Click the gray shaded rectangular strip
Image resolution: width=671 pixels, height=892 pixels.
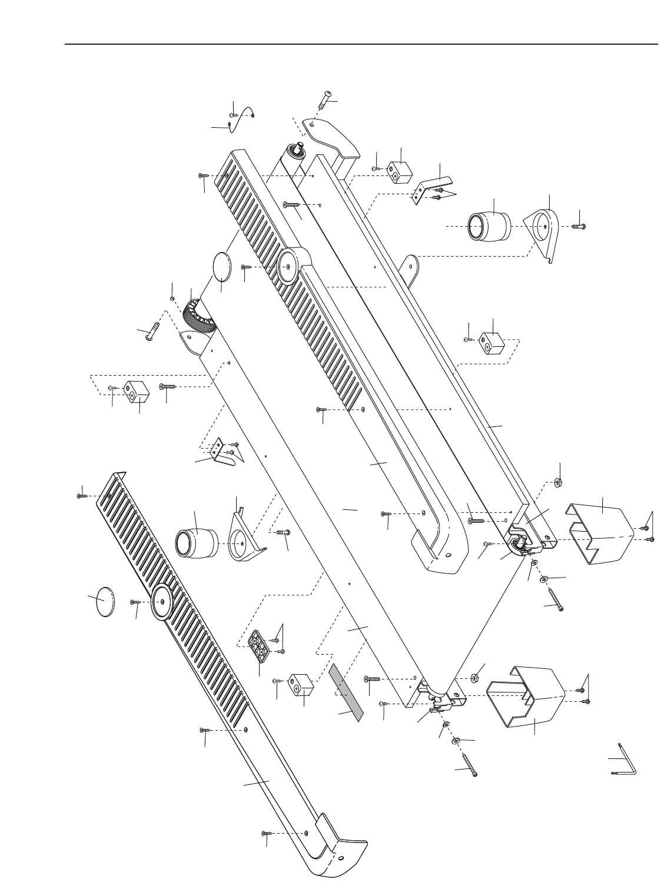[347, 691]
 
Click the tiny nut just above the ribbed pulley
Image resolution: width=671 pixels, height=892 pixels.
[172, 299]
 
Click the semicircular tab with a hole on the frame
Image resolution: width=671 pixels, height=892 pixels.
[414, 266]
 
